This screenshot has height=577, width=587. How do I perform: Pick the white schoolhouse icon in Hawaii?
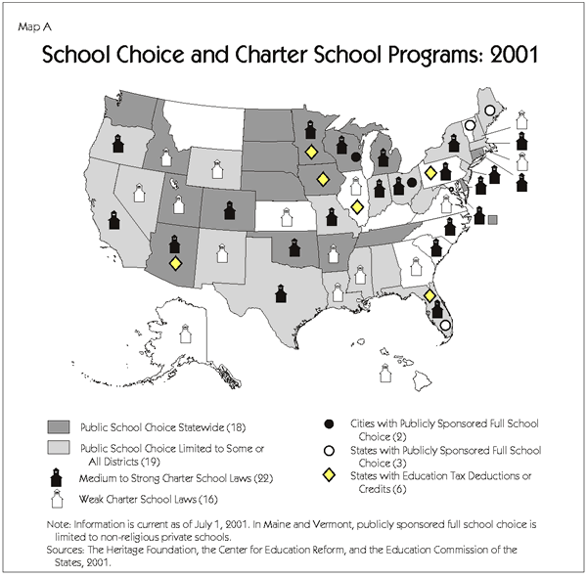[384, 373]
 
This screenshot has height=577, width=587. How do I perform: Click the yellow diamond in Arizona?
[175, 263]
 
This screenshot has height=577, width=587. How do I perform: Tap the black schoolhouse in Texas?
[282, 291]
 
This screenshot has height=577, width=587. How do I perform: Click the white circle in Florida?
[445, 326]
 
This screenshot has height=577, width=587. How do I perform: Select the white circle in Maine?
[489, 111]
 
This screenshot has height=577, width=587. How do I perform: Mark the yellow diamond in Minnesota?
[310, 152]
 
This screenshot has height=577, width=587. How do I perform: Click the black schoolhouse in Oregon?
[116, 144]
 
